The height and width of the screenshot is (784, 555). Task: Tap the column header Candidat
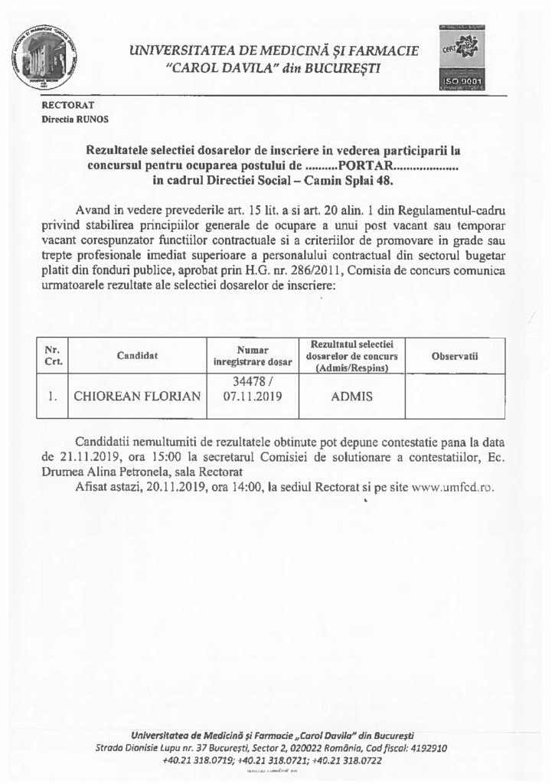click(x=137, y=356)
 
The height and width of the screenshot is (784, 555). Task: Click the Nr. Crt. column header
click(x=53, y=356)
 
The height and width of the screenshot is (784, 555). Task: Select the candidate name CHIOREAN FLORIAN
click(x=136, y=397)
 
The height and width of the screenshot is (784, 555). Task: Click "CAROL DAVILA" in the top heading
click(x=212, y=68)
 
